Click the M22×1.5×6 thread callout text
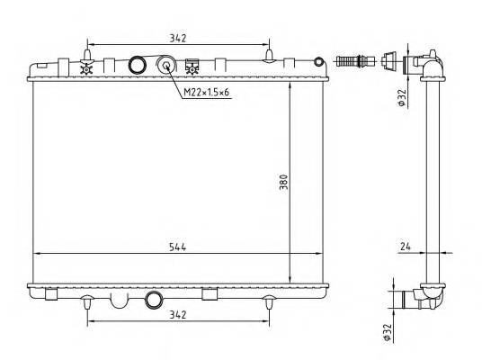(x=206, y=92)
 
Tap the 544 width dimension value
(x=178, y=247)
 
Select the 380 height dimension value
(x=284, y=182)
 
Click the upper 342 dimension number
(x=178, y=39)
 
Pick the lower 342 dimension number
(x=178, y=315)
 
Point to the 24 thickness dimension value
(x=406, y=247)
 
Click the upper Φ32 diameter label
(x=402, y=97)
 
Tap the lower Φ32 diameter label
(x=387, y=332)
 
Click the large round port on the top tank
(x=137, y=65)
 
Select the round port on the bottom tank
(x=154, y=300)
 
